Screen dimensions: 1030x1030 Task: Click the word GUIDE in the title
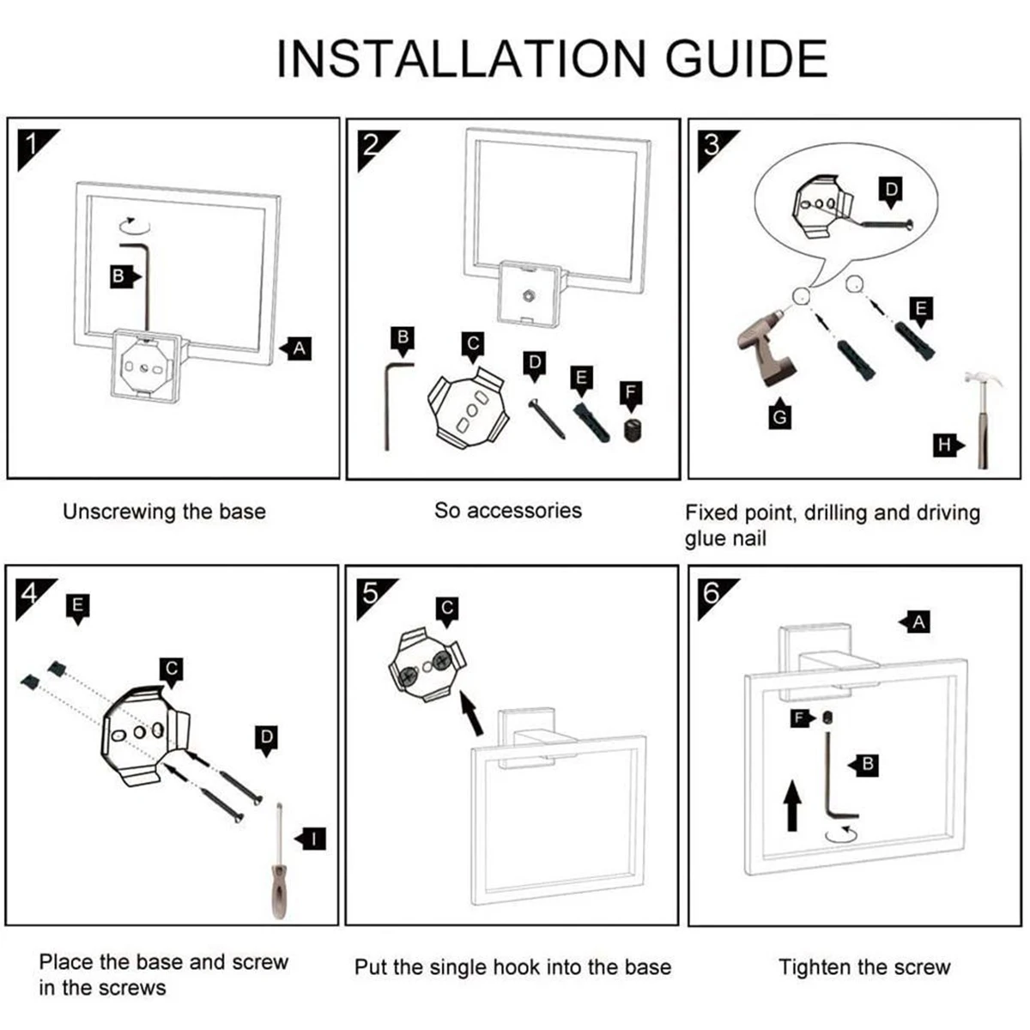tap(747, 58)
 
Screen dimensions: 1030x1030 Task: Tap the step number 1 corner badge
tap(33, 142)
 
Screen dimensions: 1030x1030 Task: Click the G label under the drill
tap(779, 416)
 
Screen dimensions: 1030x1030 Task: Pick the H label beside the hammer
tap(945, 445)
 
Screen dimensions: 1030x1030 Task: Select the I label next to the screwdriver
tap(314, 838)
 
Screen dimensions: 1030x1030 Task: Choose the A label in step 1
tap(298, 348)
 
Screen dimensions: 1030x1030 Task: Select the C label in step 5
tap(446, 609)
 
